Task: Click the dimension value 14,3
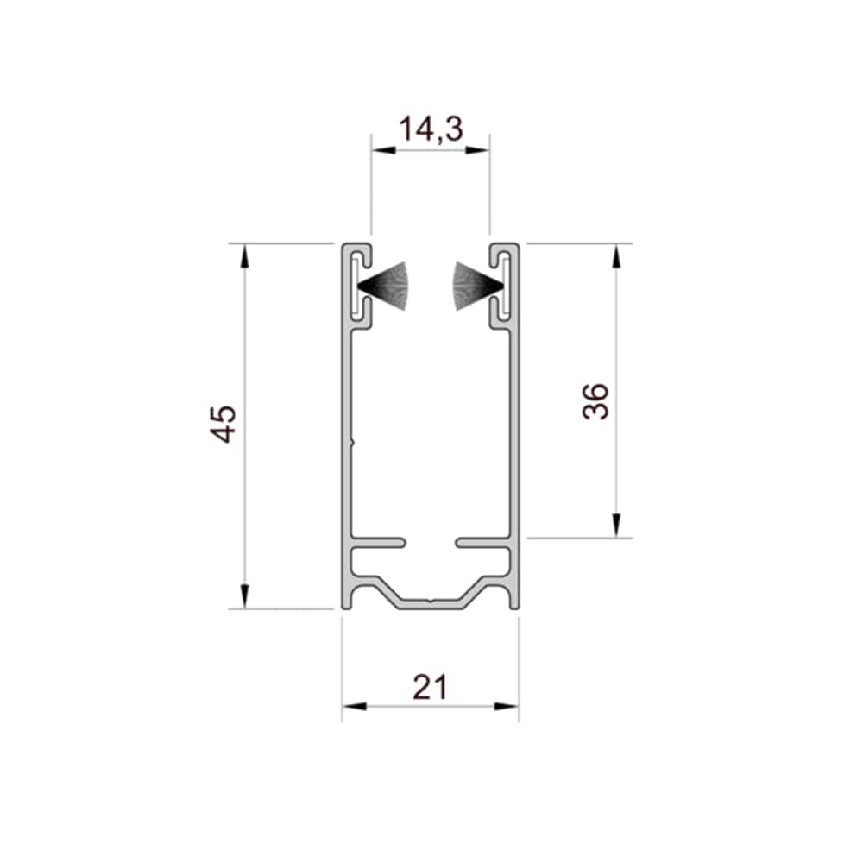pos(431,129)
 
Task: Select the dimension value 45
pos(224,424)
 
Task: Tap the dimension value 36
pos(596,402)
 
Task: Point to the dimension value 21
pos(431,688)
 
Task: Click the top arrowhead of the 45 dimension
pos(245,255)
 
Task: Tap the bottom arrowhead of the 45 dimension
pos(245,596)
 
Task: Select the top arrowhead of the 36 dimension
pos(616,255)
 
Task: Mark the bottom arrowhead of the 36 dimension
pos(616,525)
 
